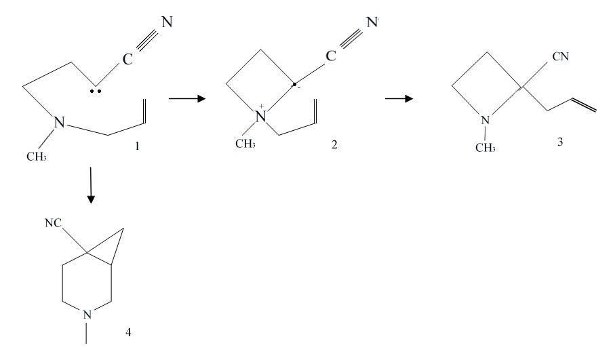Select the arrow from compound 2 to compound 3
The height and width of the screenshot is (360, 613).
pos(399,99)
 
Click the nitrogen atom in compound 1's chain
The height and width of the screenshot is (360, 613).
pos(60,123)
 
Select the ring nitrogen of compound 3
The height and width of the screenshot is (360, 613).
pos(484,121)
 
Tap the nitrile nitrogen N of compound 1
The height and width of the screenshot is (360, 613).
pos(167,22)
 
